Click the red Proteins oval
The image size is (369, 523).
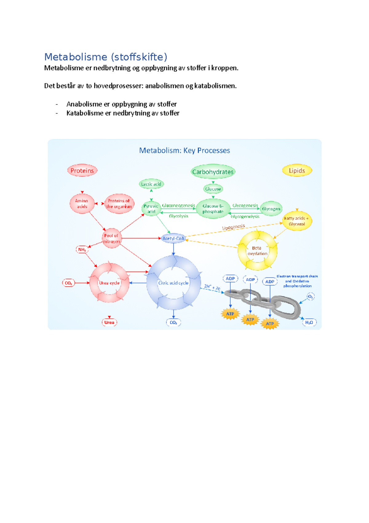pyautogui.click(x=82, y=171)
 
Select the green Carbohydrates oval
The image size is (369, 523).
pyautogui.click(x=213, y=172)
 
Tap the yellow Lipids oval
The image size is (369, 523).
pyautogui.click(x=297, y=171)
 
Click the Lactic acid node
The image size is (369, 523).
pyautogui.click(x=151, y=184)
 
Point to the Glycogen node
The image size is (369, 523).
pyautogui.click(x=271, y=209)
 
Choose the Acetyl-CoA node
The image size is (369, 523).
pyautogui.click(x=173, y=238)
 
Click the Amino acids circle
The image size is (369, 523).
pyautogui.click(x=82, y=204)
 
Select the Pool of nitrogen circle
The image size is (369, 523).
pyautogui.click(x=111, y=238)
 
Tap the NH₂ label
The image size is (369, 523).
pyautogui.click(x=82, y=249)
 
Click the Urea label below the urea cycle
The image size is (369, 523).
pyautogui.click(x=109, y=322)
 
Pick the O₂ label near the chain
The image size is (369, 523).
pyautogui.click(x=311, y=297)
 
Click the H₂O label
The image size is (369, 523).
pyautogui.click(x=309, y=322)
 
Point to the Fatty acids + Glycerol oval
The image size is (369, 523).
pyautogui.click(x=297, y=221)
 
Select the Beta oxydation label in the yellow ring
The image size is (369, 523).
pyautogui.click(x=257, y=251)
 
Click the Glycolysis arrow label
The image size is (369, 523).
pyautogui.click(x=178, y=216)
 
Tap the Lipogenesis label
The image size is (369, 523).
pyautogui.click(x=233, y=227)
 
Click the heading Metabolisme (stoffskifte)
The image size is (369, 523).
pyautogui.click(x=106, y=57)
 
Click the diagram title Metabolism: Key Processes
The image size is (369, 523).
pyautogui.click(x=184, y=151)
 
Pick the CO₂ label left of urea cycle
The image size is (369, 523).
pyautogui.click(x=68, y=283)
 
